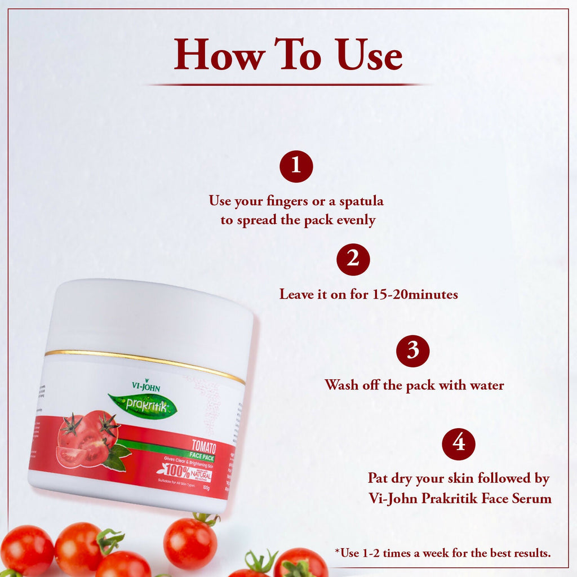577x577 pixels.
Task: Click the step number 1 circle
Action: (296, 166)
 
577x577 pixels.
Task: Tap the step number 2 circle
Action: (353, 259)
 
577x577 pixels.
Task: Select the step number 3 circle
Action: (412, 351)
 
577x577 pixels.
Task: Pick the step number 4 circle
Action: (459, 443)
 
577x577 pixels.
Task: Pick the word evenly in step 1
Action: (356, 220)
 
